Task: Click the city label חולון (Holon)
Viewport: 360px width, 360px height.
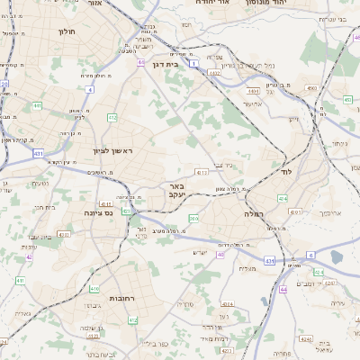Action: click(x=66, y=31)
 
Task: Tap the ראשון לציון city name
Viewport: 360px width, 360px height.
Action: click(x=112, y=151)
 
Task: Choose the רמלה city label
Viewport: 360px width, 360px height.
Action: click(x=251, y=214)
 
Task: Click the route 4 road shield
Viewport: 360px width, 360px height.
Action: click(x=89, y=90)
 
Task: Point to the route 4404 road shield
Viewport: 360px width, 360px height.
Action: click(x=253, y=91)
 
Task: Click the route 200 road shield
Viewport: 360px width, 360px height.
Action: click(x=193, y=218)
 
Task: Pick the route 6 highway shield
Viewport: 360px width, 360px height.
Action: click(x=310, y=255)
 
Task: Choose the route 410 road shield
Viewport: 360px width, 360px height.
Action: click(x=94, y=289)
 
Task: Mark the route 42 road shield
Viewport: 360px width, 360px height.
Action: click(x=29, y=256)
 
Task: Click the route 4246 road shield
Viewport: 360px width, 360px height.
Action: click(x=305, y=339)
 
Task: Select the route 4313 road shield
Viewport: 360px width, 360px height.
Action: click(x=202, y=171)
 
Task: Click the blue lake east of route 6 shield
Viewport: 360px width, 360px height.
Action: click(x=337, y=256)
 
